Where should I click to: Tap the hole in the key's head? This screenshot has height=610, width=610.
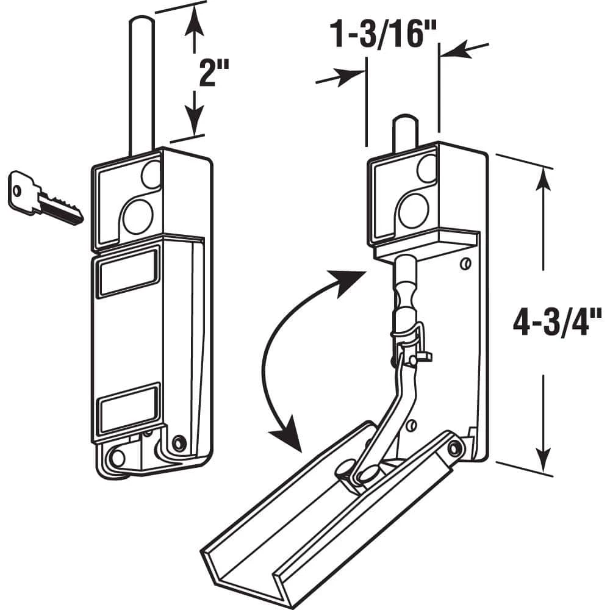click(17, 190)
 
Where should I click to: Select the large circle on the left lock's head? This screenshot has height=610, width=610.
click(137, 216)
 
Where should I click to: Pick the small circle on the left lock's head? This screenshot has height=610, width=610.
click(151, 176)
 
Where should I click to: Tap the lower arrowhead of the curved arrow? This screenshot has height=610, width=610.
click(287, 437)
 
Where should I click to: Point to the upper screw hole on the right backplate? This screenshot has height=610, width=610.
click(465, 264)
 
